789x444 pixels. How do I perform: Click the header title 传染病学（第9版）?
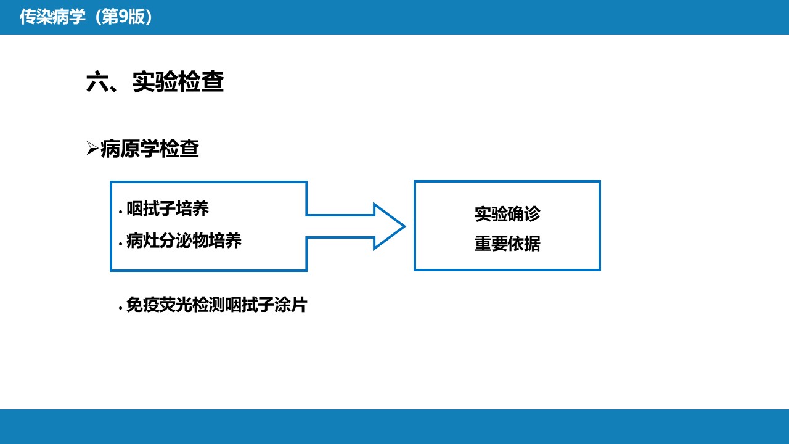[86, 17]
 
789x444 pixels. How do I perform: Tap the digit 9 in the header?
[123, 17]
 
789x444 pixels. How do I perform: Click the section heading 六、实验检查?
[155, 82]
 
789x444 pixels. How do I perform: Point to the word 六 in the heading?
[97, 82]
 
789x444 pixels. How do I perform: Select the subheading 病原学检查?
[150, 149]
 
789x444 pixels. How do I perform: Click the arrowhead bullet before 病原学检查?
[92, 148]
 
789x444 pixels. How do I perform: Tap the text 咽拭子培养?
[168, 208]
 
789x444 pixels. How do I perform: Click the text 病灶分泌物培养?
[184, 240]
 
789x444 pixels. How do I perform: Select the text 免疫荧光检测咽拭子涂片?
[216, 305]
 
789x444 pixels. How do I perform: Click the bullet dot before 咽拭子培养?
[120, 212]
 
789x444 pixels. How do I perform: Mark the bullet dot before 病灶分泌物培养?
[120, 244]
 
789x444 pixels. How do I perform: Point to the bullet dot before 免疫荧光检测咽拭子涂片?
[120, 308]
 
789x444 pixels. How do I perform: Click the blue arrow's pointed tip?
[405, 226]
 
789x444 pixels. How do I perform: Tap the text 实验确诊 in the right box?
[507, 214]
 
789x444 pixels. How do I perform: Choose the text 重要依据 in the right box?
[507, 244]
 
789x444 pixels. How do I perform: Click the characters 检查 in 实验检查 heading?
[201, 82]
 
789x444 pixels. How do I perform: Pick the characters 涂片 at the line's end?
[290, 305]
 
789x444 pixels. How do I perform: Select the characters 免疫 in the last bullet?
[142, 305]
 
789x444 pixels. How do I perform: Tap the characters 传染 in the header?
[36, 17]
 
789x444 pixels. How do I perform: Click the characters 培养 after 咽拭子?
[192, 208]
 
